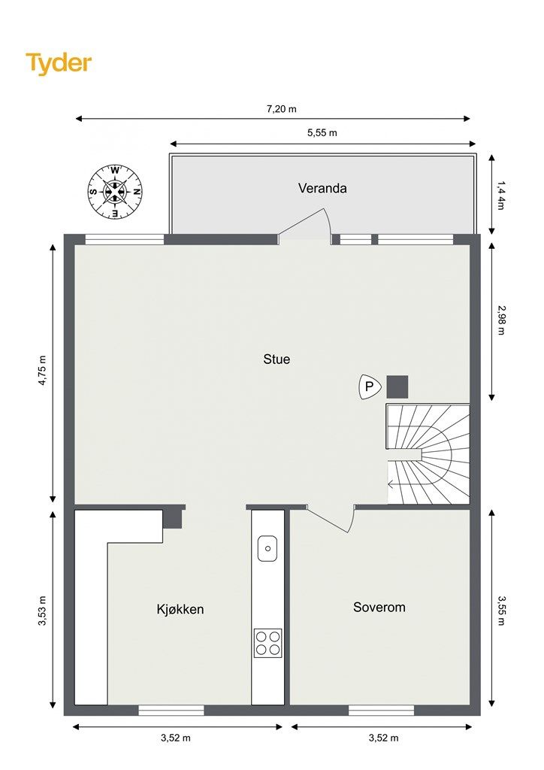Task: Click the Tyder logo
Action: [59, 63]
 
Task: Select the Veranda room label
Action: [322, 188]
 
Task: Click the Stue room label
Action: [277, 359]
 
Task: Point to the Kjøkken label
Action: [180, 609]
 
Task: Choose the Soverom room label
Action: [379, 608]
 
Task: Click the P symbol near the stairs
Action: [370, 387]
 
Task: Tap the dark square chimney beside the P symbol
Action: [397, 387]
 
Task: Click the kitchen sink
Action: [267, 548]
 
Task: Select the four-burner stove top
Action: [267, 644]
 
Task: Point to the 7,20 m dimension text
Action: [282, 109]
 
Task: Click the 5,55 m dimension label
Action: [322, 132]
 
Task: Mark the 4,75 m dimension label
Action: [42, 370]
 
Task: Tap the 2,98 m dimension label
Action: [500, 320]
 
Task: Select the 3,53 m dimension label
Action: [42, 611]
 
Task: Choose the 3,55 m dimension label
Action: [501, 611]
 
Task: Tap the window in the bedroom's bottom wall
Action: [381, 710]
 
